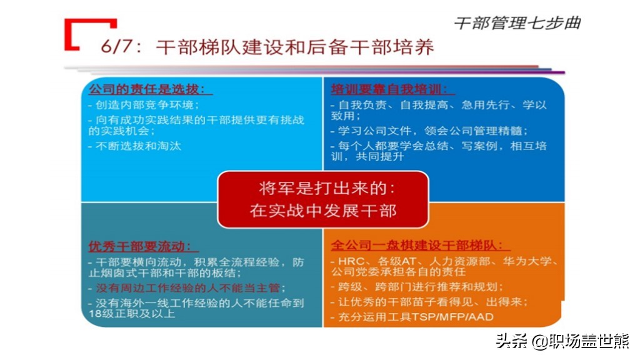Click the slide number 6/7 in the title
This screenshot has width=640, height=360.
pos(117,46)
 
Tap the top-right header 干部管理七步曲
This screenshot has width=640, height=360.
pos(517,23)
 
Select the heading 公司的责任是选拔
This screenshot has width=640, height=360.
pos(146,89)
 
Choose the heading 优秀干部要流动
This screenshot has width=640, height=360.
pos(139,246)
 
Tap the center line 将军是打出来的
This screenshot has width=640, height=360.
pos(326,188)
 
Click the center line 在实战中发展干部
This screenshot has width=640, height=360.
pos(323,211)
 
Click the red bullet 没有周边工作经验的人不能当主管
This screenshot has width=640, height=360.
pos(187,287)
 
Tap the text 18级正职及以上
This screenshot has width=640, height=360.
pos(132,314)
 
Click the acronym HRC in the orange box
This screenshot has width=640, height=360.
pos(351,261)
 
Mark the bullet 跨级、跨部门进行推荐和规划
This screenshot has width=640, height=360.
pos(421,286)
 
